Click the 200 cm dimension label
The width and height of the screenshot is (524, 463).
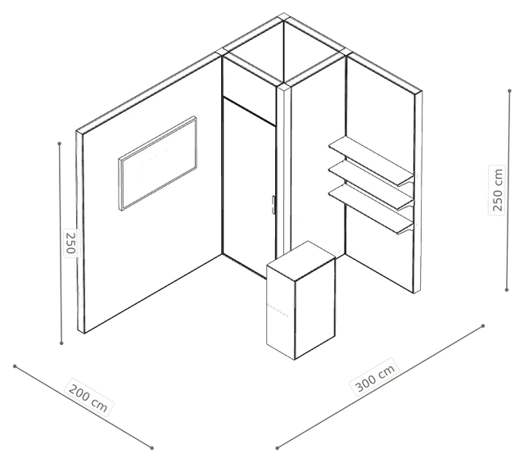click(x=88, y=397)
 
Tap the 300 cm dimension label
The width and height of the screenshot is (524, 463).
click(x=375, y=377)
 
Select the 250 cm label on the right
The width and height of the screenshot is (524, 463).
click(x=497, y=189)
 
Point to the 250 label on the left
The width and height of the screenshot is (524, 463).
click(x=70, y=243)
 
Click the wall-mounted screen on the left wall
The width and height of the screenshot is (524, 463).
click(x=157, y=163)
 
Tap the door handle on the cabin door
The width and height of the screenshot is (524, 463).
click(x=273, y=205)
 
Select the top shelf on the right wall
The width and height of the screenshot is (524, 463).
click(x=371, y=161)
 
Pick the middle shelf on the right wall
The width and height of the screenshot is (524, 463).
click(x=371, y=185)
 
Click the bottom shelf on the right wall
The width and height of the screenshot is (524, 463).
click(x=371, y=209)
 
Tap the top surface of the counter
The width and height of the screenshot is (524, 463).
click(x=300, y=261)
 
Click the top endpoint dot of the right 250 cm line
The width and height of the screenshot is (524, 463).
click(x=509, y=91)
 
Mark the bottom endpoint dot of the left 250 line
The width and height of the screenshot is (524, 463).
click(x=61, y=343)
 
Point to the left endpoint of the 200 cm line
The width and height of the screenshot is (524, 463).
click(x=15, y=366)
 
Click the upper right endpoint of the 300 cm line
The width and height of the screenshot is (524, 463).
click(x=482, y=325)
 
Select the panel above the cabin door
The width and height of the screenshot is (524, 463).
click(x=249, y=91)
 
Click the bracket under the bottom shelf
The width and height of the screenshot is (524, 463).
click(x=405, y=229)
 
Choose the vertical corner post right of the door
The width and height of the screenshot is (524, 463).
click(x=284, y=170)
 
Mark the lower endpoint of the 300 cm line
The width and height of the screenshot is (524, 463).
click(x=277, y=447)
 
